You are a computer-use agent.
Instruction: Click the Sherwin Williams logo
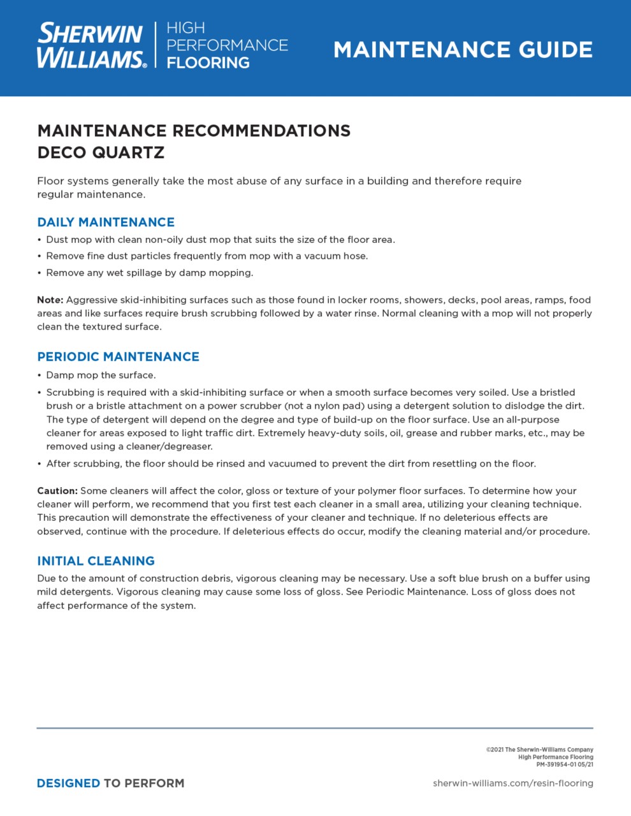pos(91,45)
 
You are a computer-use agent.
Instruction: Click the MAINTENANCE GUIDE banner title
pos(463,50)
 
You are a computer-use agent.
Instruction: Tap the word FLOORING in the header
pos(208,62)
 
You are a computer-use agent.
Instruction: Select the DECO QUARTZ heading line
pos(101,153)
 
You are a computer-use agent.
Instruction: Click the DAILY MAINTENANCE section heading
pos(106,222)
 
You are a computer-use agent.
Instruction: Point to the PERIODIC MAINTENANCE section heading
pos(118,356)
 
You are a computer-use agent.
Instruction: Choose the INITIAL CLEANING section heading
pos(96,561)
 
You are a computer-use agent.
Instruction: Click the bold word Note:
pos(50,300)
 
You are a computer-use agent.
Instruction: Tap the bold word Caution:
pos(57,491)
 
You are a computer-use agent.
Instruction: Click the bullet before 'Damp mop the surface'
pos(40,375)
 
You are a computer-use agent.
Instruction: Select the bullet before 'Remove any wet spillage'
pos(40,273)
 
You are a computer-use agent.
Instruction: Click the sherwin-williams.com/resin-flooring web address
pos(512,783)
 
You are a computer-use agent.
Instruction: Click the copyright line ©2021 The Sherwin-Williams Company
pos(539,750)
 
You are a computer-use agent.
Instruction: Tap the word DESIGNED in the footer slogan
pos(68,783)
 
